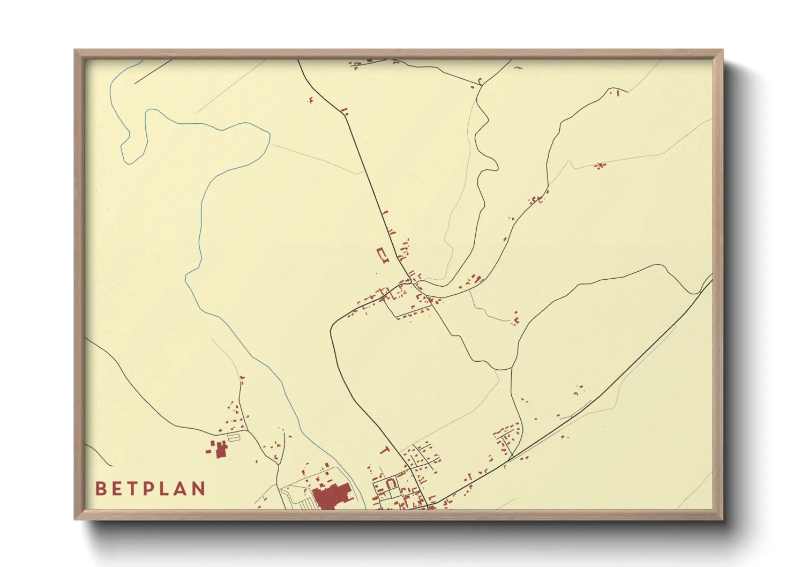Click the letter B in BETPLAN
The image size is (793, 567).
pos(100,489)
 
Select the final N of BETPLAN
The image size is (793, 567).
pos(199,489)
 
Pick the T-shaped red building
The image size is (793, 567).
pos(384,450)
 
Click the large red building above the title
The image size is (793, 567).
pos(221,449)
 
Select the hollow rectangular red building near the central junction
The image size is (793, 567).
pos(382,254)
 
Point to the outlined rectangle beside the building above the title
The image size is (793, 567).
pos(234,437)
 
